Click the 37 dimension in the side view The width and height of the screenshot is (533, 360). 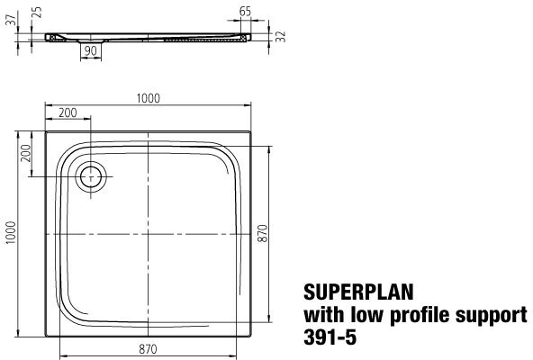(13, 20)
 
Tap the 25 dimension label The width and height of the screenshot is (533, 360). (37, 13)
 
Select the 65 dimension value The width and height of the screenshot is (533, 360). (245, 12)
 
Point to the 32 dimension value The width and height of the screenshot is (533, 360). (281, 37)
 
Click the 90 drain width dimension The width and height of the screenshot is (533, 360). (90, 51)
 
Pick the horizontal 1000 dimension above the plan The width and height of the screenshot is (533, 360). (149, 99)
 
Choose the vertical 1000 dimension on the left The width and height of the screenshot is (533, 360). (11, 232)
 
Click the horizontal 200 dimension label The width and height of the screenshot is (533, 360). (68, 112)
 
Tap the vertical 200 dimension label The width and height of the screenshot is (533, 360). (26, 154)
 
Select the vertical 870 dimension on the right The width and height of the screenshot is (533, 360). (263, 233)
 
